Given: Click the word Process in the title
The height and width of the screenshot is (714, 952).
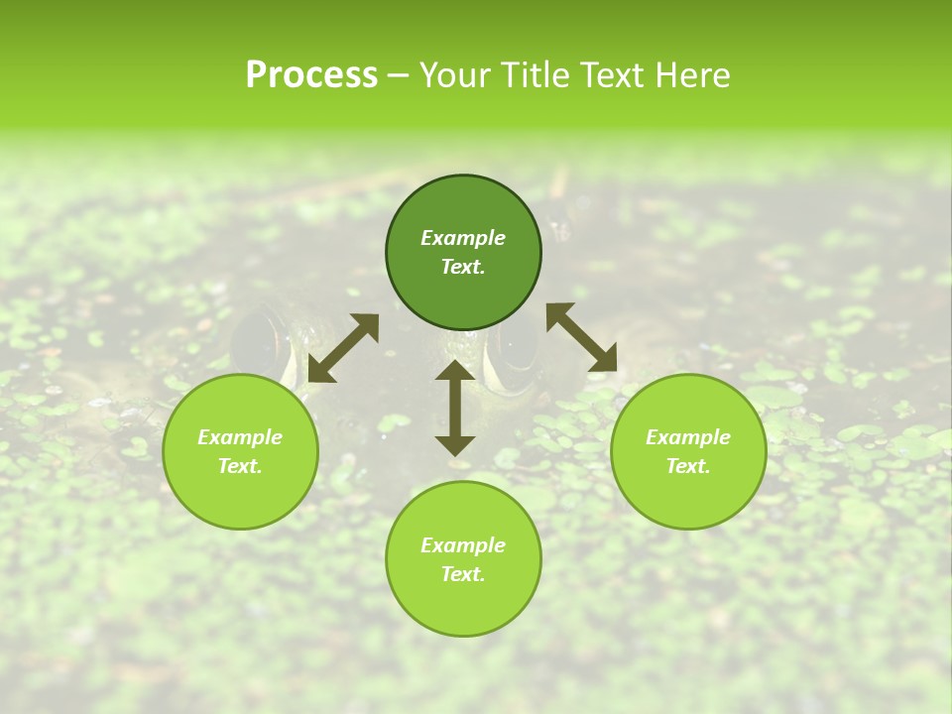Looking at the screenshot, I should point(311,74).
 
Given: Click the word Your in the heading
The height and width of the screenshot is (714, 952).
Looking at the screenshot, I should point(453,74).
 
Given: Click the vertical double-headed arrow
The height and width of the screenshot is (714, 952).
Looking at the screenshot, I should point(455,408).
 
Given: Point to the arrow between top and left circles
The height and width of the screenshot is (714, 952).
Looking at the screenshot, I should point(343,348).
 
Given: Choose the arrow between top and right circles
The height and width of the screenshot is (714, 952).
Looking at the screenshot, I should point(581,338).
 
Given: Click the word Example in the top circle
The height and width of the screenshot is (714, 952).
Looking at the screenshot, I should point(463,238).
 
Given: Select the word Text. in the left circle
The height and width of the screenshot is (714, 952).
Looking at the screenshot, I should point(240,466).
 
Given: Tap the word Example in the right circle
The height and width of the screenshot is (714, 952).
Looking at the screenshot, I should point(688,437).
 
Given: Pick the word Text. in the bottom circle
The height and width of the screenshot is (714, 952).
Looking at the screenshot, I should point(463,574).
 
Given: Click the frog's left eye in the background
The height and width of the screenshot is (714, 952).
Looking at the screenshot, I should point(258,342).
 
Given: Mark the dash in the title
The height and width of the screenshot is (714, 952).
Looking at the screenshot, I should point(398,75).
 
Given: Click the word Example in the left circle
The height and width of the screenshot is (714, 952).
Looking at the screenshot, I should point(240,437).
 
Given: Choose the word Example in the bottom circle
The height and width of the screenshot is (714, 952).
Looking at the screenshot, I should point(463,545).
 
